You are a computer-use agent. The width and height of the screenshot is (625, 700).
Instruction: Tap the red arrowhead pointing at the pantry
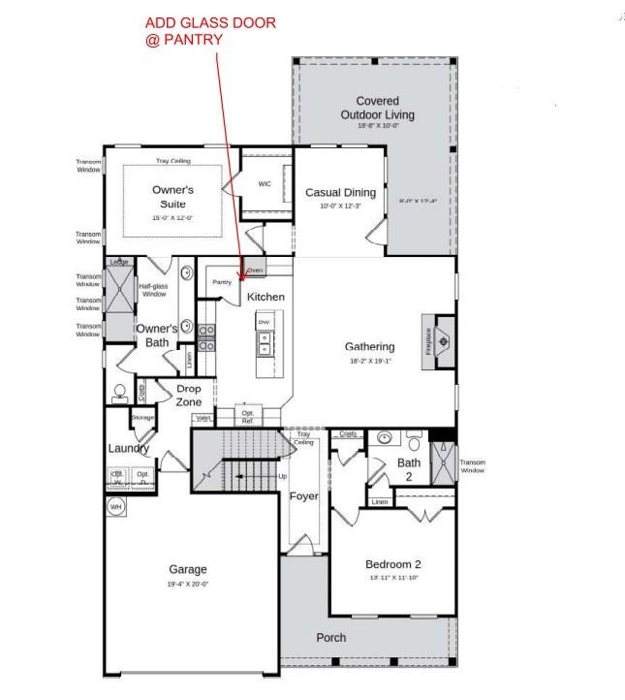(x=239, y=280)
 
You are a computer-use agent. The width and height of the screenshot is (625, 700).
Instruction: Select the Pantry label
(x=222, y=281)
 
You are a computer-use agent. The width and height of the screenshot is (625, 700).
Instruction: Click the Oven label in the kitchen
(x=255, y=270)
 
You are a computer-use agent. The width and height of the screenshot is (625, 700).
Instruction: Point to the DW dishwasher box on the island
(x=264, y=321)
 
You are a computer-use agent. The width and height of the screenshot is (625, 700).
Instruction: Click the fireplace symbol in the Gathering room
(x=442, y=340)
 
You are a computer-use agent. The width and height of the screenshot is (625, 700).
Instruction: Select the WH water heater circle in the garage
(x=115, y=507)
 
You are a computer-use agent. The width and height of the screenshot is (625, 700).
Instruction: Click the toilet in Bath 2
(x=415, y=444)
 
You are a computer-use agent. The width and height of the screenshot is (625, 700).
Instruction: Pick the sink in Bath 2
(x=384, y=438)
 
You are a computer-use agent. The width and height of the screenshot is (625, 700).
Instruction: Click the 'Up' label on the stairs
(x=283, y=476)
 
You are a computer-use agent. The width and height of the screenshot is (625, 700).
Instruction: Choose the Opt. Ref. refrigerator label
(x=247, y=418)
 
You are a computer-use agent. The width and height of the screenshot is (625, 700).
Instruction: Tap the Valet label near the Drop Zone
(x=203, y=418)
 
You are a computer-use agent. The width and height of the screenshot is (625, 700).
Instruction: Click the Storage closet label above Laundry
(x=143, y=418)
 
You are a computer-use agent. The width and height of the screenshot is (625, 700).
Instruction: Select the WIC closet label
(x=265, y=183)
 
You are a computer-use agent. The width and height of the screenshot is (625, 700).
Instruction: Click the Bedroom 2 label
(x=392, y=563)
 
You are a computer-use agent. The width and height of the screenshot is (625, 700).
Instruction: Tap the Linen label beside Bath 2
(x=379, y=501)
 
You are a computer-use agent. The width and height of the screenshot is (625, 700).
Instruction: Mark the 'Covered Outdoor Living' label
(x=377, y=108)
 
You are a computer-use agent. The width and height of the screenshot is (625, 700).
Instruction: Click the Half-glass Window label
(x=153, y=290)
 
